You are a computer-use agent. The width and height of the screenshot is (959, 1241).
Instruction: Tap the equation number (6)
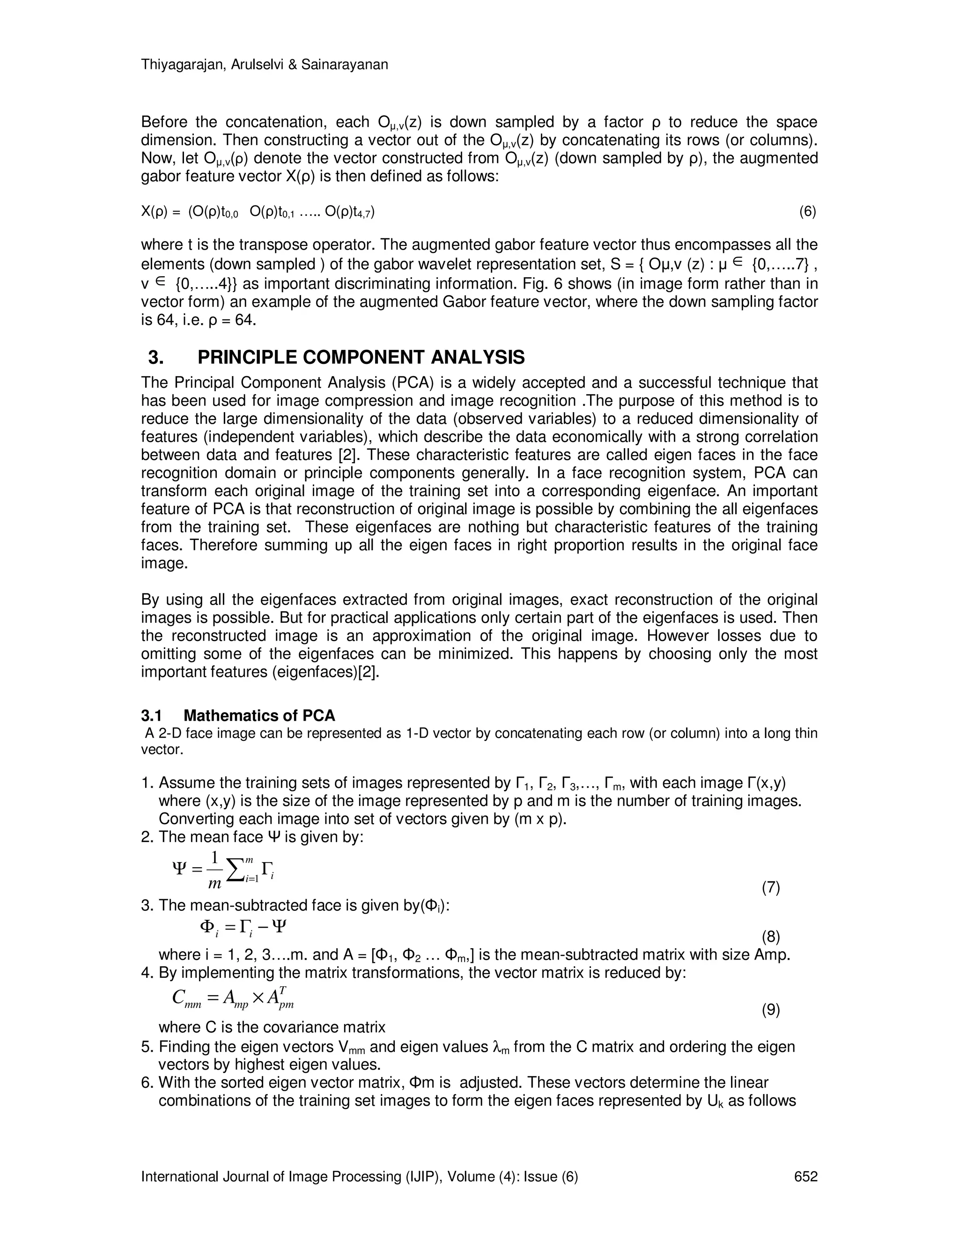pos(807,212)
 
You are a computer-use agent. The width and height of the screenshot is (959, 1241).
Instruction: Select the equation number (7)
pos(770,887)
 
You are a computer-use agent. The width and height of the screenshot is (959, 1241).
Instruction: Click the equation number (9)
pos(770,1010)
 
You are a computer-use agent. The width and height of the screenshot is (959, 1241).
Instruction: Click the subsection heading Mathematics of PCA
pos(259,716)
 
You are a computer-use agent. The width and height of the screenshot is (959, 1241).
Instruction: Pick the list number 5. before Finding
pos(147,1047)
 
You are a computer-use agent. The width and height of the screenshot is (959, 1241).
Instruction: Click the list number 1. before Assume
pos(147,783)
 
